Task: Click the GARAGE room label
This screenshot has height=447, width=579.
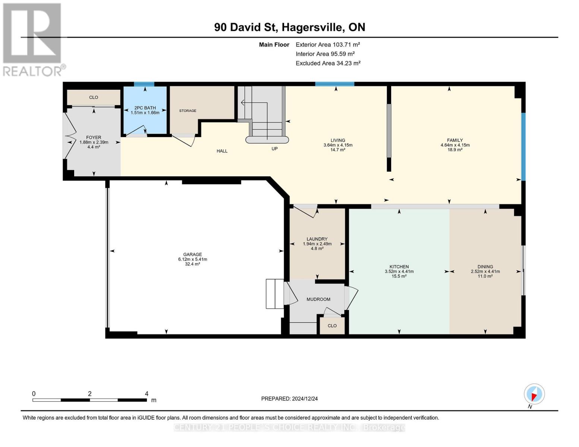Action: point(192,254)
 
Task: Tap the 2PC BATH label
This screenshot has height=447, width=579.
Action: point(145,108)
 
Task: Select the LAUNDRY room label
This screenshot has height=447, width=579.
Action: point(317,239)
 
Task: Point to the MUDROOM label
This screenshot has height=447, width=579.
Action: point(318,299)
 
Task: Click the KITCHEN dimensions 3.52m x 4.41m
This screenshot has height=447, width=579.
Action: point(399,272)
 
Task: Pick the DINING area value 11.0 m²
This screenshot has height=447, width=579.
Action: point(485,276)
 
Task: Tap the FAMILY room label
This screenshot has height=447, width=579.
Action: point(455,140)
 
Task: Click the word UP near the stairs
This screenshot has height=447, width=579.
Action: point(274,149)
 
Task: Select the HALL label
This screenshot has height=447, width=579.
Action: point(222,151)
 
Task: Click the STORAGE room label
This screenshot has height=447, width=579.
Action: point(188,111)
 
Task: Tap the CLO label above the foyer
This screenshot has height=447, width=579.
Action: point(94,97)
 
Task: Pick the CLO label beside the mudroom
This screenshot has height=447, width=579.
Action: point(332,326)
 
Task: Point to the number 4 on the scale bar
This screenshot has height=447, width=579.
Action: point(147,394)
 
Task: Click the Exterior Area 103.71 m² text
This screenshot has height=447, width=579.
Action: point(328,44)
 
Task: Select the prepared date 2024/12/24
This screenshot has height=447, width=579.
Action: point(289,399)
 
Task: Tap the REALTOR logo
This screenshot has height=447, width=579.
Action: point(33,39)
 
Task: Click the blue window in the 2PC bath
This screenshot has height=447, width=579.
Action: point(144,84)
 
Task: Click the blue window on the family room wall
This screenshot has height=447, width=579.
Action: point(523,146)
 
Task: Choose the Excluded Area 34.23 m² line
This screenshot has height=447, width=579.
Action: point(328,63)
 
